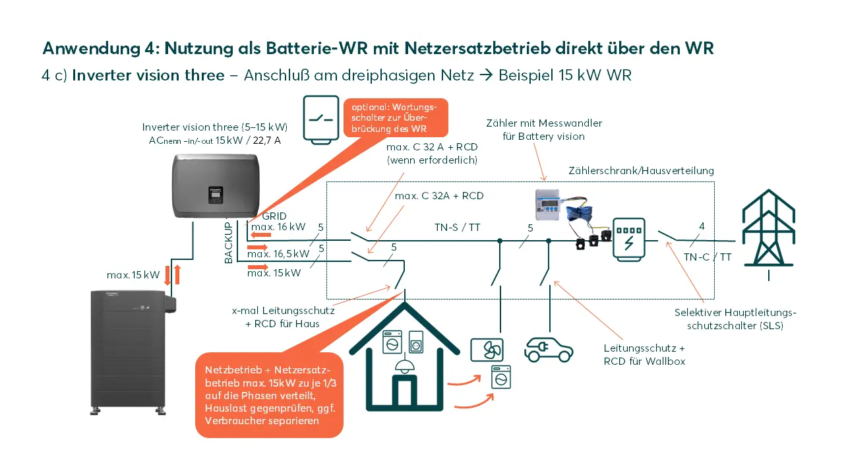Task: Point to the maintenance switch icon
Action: coord(320,119)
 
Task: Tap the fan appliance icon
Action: coord(487,350)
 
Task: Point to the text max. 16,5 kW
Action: coord(278,253)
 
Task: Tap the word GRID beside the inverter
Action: coord(274,216)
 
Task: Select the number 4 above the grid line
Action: coord(702,226)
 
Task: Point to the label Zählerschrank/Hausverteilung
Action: coord(641,170)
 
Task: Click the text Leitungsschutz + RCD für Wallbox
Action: coord(644,354)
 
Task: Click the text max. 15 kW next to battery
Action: coord(133,274)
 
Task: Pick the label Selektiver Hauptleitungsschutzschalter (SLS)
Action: coord(735,319)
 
